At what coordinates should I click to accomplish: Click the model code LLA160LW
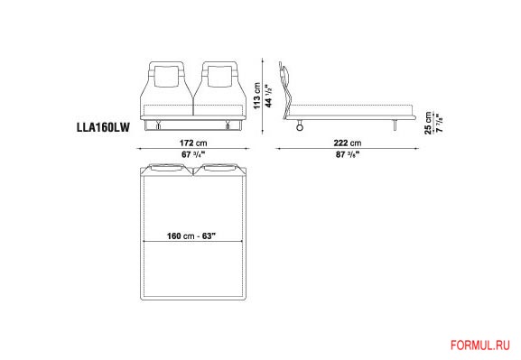click(x=103, y=127)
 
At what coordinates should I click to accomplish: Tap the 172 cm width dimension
click(x=193, y=143)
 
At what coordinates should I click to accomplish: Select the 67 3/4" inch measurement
click(x=193, y=154)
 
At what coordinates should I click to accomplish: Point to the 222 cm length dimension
click(x=348, y=143)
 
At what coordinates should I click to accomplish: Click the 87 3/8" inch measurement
click(x=348, y=154)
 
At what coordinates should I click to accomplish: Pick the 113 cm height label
click(x=257, y=96)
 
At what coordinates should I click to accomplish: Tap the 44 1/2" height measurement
click(x=268, y=96)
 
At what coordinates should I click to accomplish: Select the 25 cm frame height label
click(x=428, y=123)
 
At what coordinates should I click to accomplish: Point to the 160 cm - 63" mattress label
click(x=191, y=236)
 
